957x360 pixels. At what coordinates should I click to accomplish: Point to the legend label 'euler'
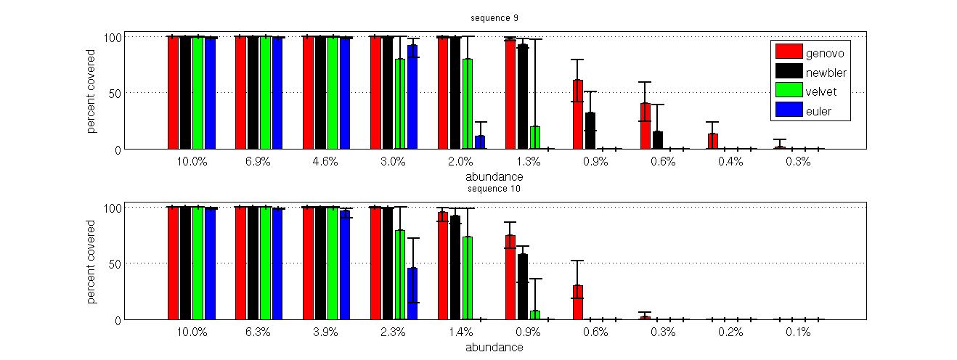819,111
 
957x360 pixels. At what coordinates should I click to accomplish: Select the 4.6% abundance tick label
325,161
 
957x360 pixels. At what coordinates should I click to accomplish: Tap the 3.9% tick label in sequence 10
325,332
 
